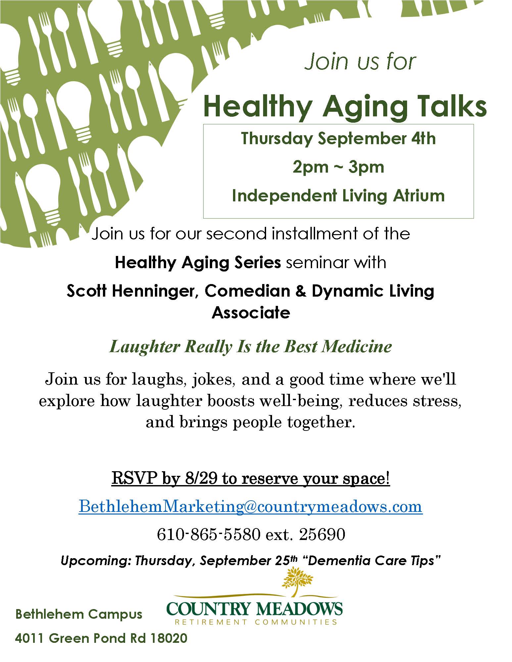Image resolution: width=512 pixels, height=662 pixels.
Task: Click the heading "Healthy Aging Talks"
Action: coord(345,106)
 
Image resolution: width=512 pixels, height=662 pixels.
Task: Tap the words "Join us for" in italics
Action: coord(360,62)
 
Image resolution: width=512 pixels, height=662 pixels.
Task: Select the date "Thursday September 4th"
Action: coord(338,138)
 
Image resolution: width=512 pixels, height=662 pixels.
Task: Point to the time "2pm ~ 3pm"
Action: coord(338,167)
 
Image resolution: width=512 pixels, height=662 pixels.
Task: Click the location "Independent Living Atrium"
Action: coord(338,195)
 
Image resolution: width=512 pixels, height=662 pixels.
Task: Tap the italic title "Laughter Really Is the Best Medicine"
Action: coord(251,347)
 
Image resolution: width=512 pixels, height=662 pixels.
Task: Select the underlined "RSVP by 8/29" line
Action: coord(251,478)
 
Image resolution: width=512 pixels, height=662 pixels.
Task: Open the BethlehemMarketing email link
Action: coord(251,506)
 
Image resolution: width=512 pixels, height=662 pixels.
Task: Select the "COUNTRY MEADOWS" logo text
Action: coord(254,609)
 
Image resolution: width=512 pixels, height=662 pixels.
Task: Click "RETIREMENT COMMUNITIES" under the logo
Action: coord(256,622)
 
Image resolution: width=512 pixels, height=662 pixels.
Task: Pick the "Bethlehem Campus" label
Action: coord(79,614)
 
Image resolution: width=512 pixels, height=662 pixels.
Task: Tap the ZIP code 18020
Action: coord(169,638)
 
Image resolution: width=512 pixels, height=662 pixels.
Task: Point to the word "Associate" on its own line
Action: coord(251,312)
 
